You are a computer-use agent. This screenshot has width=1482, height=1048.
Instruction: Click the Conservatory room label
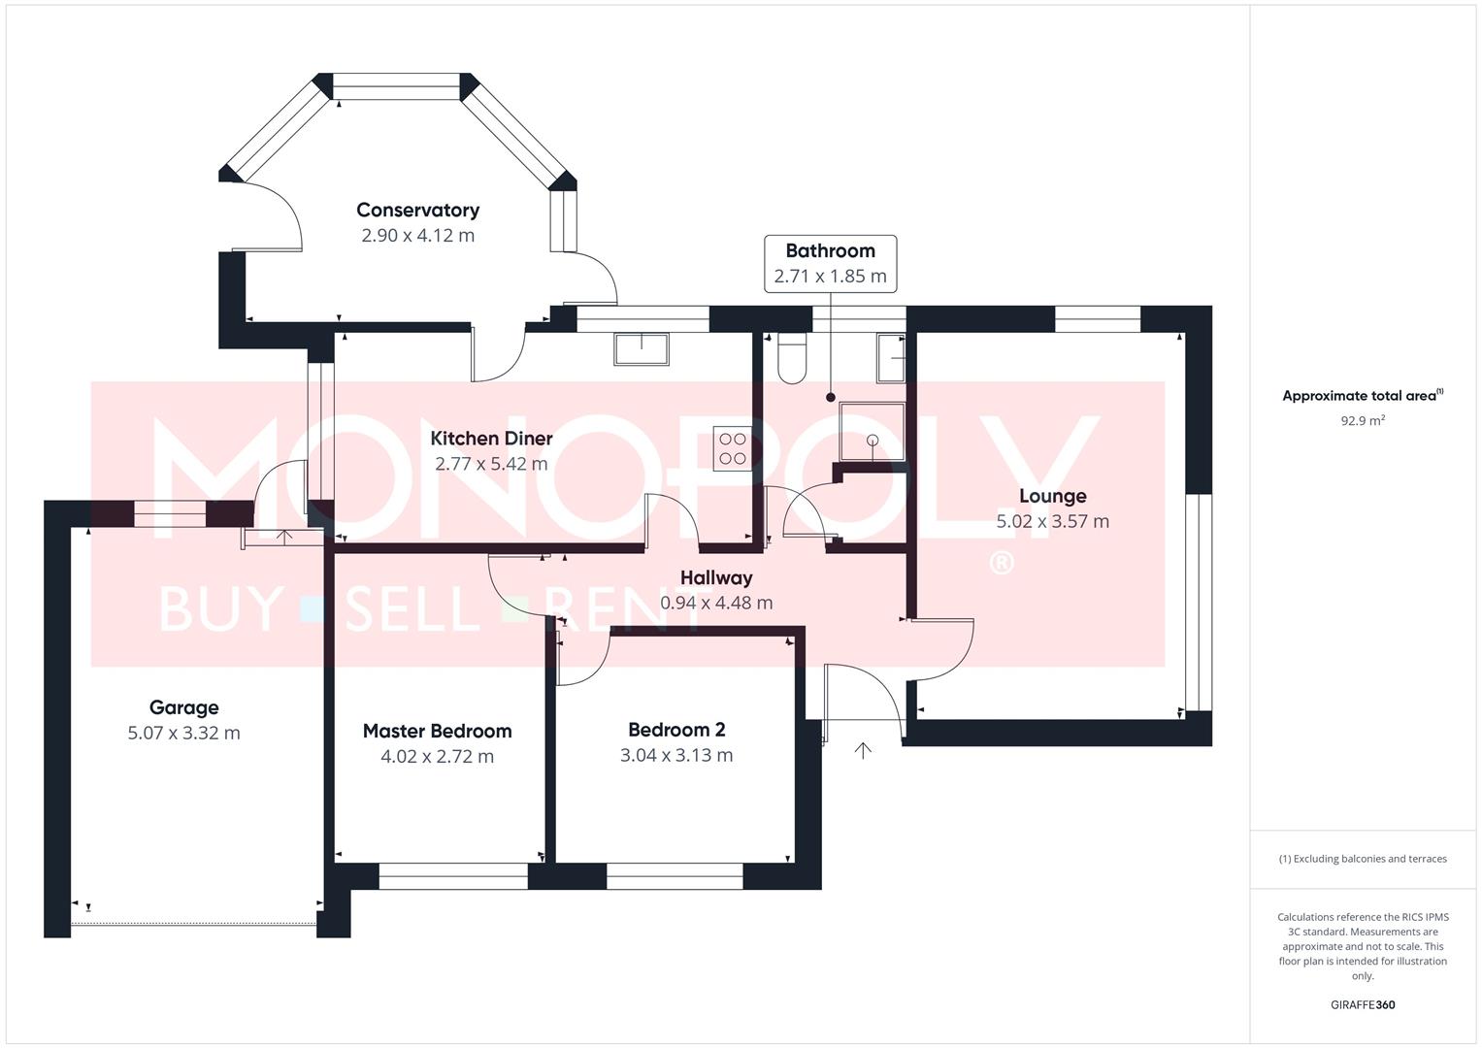click(x=417, y=210)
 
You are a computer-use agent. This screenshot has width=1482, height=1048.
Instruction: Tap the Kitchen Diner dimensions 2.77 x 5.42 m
click(x=491, y=464)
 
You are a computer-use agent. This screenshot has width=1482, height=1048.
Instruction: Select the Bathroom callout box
click(x=831, y=263)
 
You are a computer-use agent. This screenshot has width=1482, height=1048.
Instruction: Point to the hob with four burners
click(x=733, y=448)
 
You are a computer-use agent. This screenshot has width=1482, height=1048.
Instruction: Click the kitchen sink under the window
click(x=642, y=348)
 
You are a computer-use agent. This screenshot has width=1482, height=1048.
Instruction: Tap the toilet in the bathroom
click(x=792, y=358)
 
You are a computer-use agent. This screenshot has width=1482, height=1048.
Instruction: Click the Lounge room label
click(x=1053, y=496)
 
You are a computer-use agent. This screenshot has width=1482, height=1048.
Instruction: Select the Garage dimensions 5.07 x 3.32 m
click(x=184, y=733)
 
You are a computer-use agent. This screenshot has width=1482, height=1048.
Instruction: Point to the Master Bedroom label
click(x=438, y=731)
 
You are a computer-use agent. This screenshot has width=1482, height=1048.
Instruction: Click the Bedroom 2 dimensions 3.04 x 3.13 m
click(x=676, y=755)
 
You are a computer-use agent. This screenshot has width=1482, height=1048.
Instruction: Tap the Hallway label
click(x=716, y=577)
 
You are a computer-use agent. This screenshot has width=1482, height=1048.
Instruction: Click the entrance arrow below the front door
click(x=863, y=750)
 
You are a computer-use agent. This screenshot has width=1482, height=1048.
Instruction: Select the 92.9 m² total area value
click(x=1363, y=420)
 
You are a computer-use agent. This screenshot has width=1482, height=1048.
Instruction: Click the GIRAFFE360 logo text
click(x=1363, y=1004)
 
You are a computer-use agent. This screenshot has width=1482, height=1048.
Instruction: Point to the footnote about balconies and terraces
click(x=1363, y=859)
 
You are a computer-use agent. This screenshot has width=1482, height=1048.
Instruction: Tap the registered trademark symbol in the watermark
click(x=1002, y=563)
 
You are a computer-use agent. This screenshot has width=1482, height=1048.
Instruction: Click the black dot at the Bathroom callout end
click(x=831, y=398)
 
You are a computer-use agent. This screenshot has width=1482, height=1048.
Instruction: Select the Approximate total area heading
click(x=1363, y=395)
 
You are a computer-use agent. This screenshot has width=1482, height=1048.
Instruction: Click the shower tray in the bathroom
click(x=872, y=432)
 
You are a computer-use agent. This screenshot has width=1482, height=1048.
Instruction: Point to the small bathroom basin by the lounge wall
click(x=891, y=358)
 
